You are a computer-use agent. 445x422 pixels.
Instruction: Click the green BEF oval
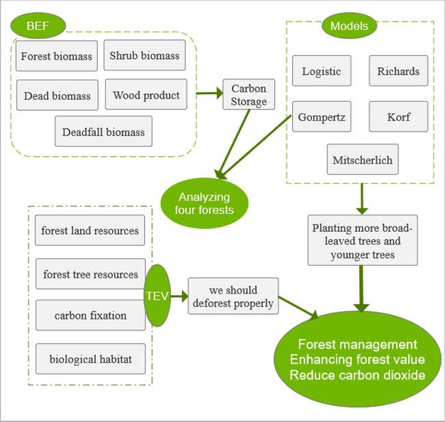(38, 26)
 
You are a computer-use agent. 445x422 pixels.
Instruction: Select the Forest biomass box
(56, 56)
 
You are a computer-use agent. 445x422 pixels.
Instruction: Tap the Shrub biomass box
(144, 56)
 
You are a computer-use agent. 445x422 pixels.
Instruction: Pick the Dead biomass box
(57, 96)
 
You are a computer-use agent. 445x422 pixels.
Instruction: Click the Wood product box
(146, 95)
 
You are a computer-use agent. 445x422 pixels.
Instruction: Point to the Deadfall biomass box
(103, 132)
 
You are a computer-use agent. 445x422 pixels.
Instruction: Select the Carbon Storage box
(249, 94)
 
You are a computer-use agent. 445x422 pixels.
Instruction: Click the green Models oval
(349, 26)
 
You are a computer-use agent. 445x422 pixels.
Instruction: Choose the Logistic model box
(321, 71)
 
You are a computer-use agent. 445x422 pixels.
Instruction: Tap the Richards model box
(398, 71)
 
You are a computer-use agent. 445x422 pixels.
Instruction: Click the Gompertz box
(321, 117)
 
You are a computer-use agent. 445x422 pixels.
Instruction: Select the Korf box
(398, 117)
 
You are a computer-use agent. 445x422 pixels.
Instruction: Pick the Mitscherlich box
(362, 160)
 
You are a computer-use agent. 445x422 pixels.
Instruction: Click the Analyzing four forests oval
(204, 203)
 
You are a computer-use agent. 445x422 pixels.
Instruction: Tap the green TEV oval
(157, 296)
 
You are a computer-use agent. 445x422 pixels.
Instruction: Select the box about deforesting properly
(233, 296)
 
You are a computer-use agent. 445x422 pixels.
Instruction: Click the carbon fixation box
(90, 315)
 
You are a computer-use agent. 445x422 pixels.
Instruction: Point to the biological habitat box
(90, 359)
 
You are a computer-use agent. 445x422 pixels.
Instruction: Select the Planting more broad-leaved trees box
(362, 241)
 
